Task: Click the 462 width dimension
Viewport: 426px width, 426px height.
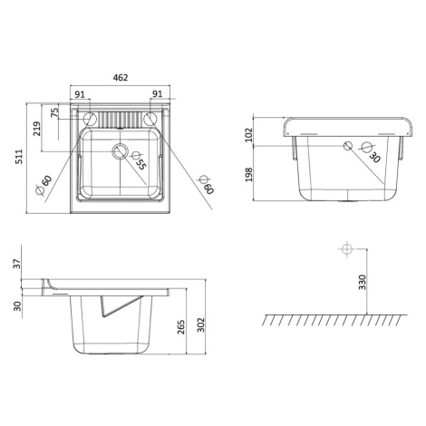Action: pos(121,78)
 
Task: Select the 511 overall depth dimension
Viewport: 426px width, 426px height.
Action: pos(19,157)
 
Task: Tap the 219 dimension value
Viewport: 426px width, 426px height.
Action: pos(36,129)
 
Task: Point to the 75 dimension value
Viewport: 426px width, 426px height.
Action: pos(54,112)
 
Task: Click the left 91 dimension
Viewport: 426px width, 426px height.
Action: pos(80,94)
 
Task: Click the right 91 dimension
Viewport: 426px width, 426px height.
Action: pos(157,94)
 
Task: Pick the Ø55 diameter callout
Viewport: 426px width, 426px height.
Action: pos(139,160)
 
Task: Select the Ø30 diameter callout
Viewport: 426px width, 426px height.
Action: pos(371,152)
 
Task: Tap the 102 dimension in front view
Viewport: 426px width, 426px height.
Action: pos(248,135)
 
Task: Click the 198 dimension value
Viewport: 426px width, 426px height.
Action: pos(248,175)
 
